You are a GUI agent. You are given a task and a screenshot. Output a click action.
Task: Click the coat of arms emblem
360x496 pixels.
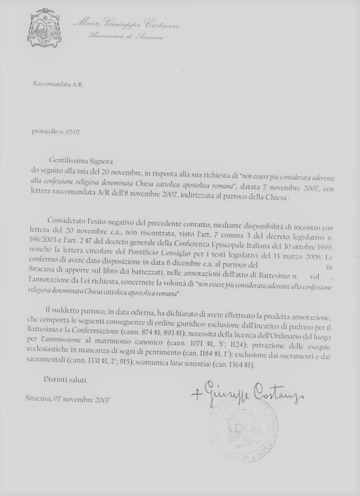click(45, 28)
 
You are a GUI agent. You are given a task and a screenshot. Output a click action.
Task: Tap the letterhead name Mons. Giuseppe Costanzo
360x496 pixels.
click(127, 24)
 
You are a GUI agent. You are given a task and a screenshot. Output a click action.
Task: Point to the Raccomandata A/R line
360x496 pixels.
click(58, 84)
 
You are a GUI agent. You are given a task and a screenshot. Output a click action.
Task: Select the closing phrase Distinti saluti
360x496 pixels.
click(66, 380)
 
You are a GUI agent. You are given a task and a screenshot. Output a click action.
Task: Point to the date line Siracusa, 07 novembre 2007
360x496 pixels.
click(67, 400)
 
